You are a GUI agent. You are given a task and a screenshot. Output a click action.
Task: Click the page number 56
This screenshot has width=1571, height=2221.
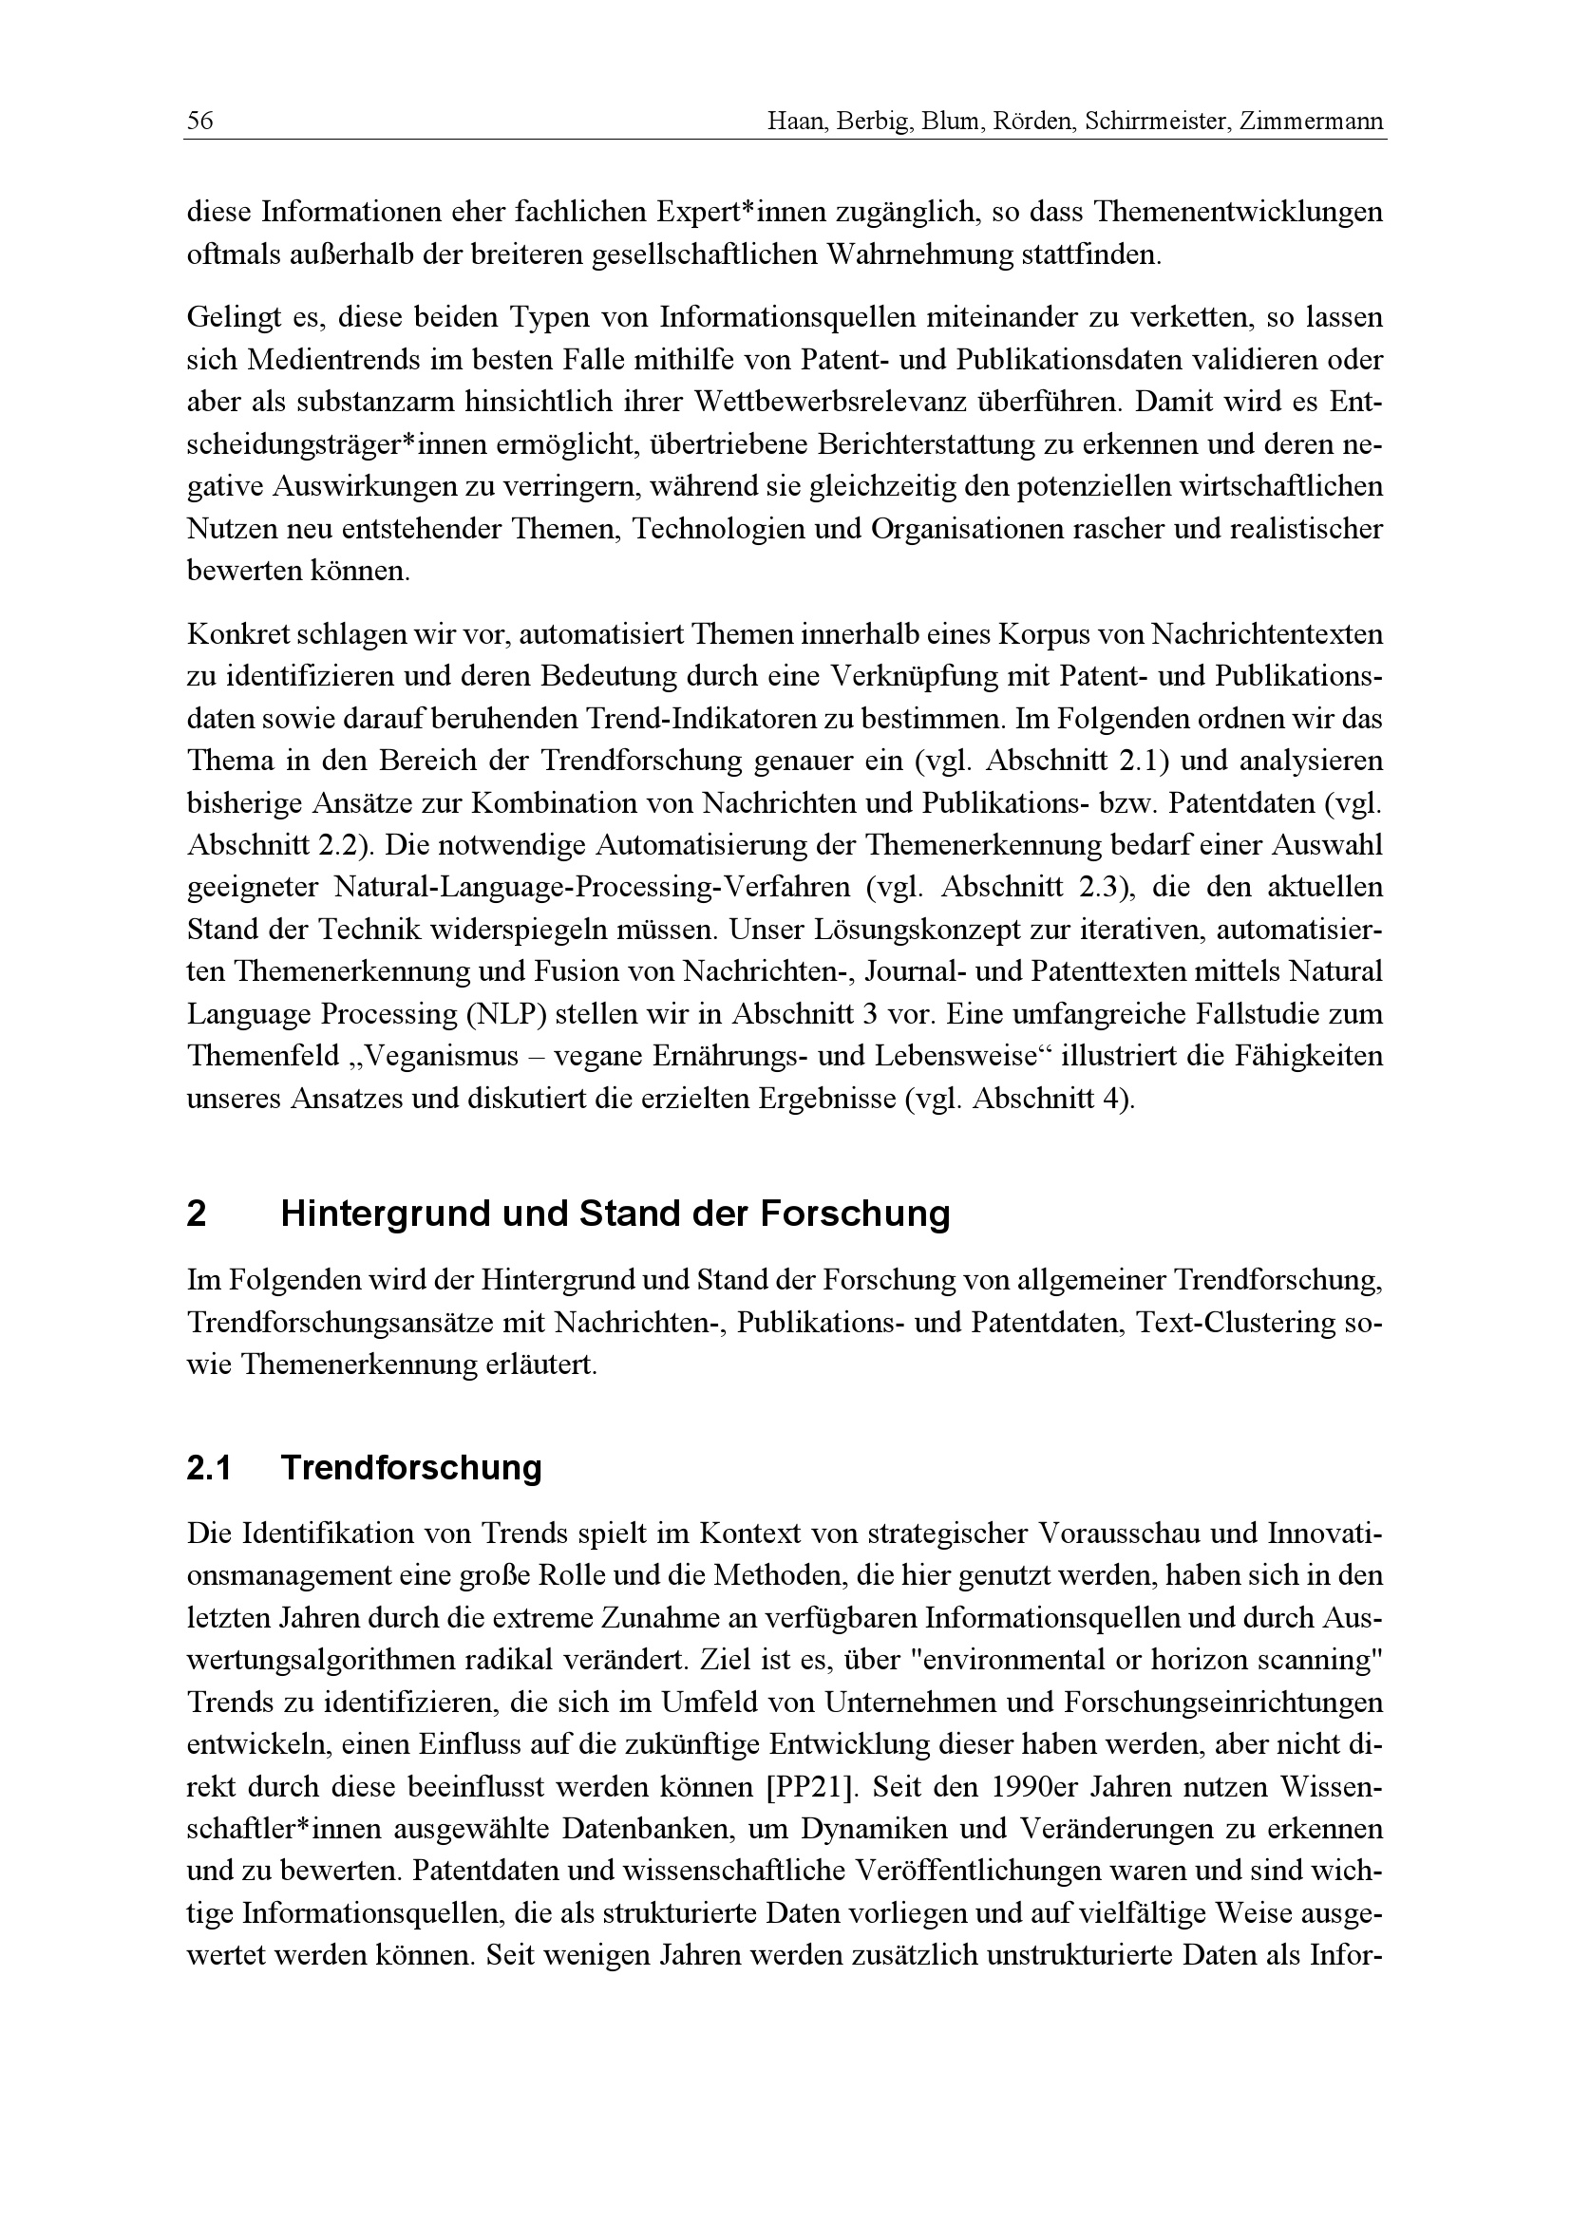point(200,121)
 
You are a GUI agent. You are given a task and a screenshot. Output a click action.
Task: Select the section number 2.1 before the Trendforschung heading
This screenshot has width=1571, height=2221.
point(209,1468)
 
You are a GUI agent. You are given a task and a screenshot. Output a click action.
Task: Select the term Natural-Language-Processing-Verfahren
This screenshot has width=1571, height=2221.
point(592,887)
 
